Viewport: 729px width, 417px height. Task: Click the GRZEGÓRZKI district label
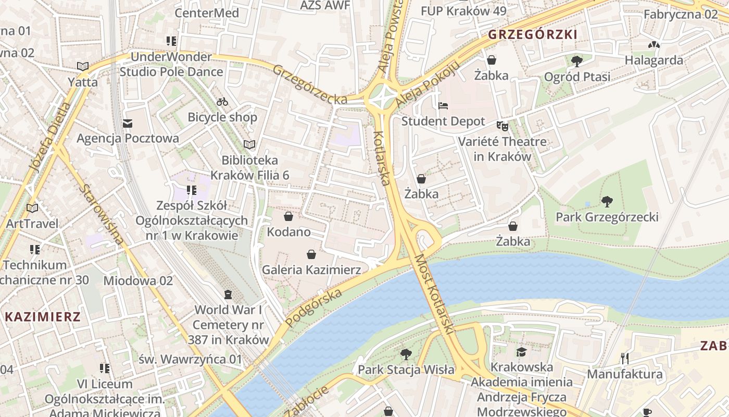click(x=533, y=34)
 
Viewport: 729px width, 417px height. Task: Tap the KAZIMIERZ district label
click(x=43, y=316)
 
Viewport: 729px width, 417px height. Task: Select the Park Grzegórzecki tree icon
click(x=607, y=201)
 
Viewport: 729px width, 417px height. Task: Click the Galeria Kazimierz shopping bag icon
click(x=311, y=254)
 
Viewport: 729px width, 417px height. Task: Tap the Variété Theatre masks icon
click(x=502, y=126)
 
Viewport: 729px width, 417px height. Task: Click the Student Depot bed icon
click(x=443, y=106)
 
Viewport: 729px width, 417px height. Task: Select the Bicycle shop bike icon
click(x=222, y=102)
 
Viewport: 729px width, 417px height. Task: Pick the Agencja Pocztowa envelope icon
click(x=128, y=124)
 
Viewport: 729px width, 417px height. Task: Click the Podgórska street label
click(x=314, y=308)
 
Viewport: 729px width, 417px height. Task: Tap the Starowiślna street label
click(x=103, y=214)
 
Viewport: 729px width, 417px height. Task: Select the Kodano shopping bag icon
click(x=288, y=216)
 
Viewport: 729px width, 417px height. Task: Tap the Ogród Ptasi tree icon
click(x=576, y=62)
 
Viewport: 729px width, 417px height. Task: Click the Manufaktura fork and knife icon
click(x=625, y=359)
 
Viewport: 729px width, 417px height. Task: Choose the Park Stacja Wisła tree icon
click(x=406, y=354)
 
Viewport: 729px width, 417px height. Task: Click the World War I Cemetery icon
click(x=228, y=295)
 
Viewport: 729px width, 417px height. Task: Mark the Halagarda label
click(x=653, y=60)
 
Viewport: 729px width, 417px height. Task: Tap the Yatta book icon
click(x=82, y=66)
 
